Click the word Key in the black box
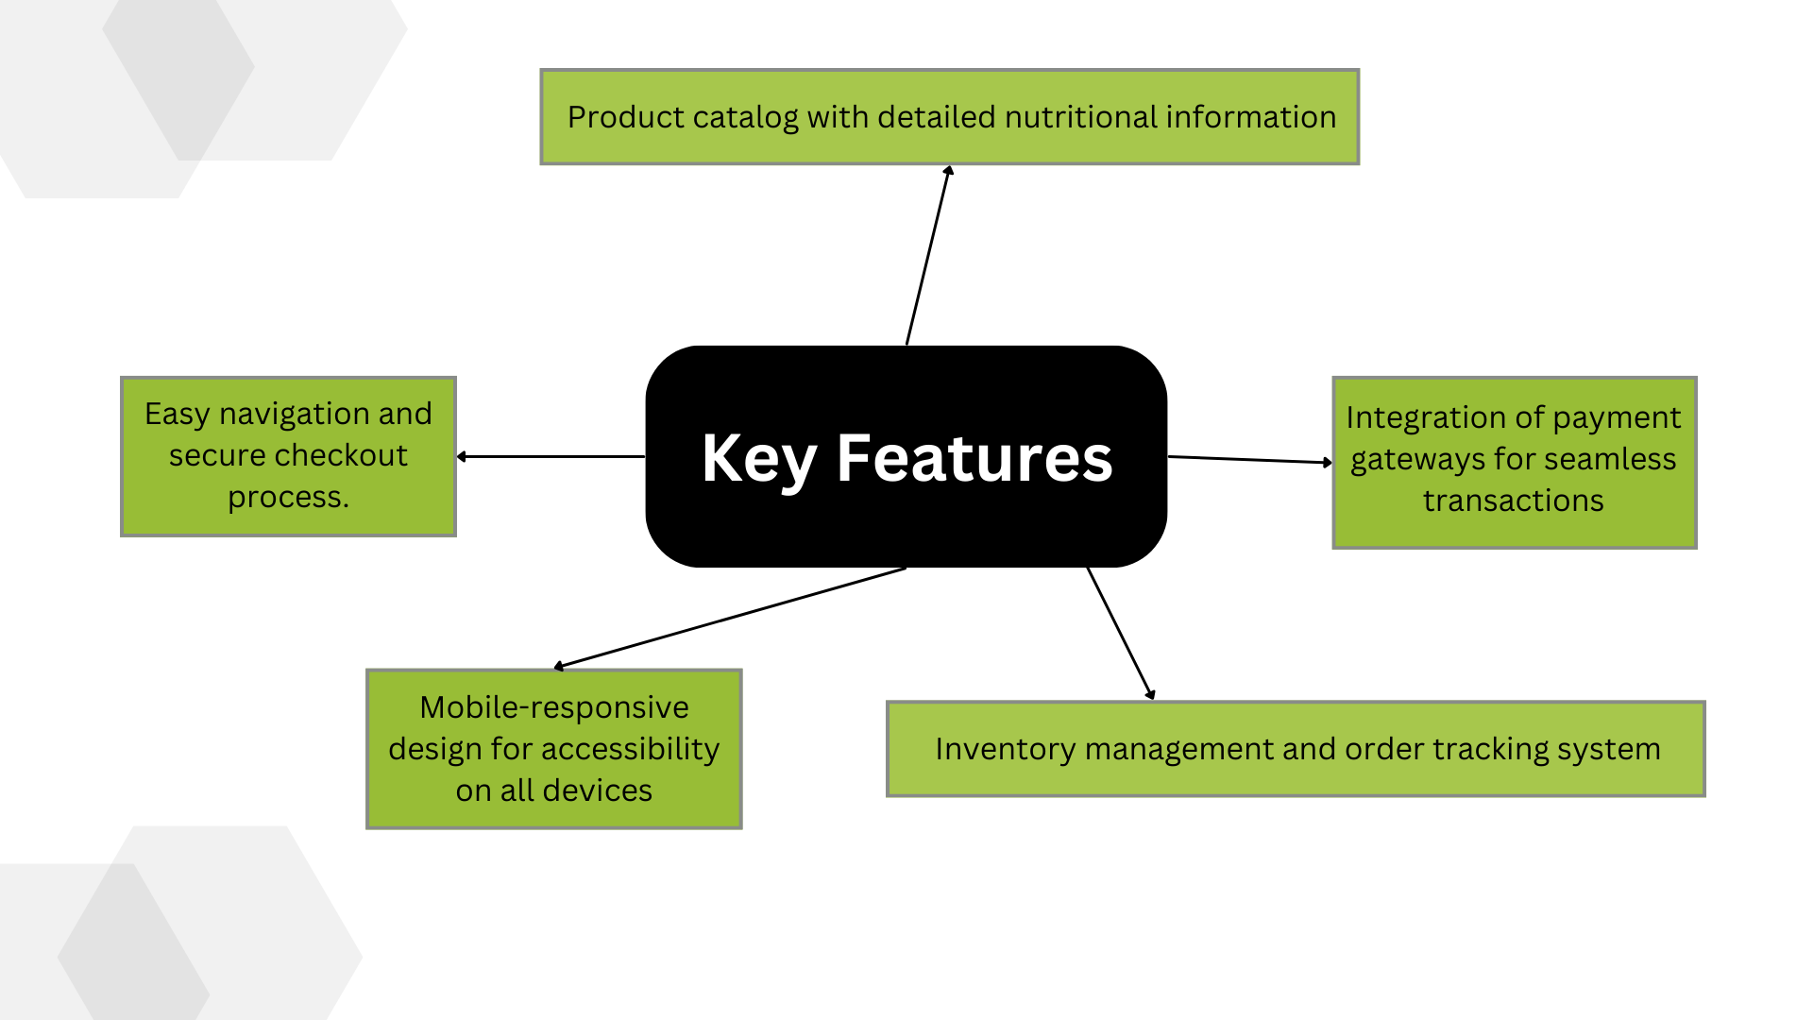click(x=759, y=460)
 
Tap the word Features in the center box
click(x=974, y=458)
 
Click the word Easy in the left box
click(x=177, y=415)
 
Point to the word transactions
click(x=1513, y=501)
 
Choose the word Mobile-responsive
click(x=554, y=707)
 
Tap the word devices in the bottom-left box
click(x=597, y=790)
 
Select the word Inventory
click(x=1006, y=750)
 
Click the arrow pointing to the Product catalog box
click(x=928, y=255)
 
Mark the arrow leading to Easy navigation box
click(x=551, y=457)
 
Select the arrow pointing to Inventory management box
click(x=1121, y=634)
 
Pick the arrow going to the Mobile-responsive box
click(x=730, y=619)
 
